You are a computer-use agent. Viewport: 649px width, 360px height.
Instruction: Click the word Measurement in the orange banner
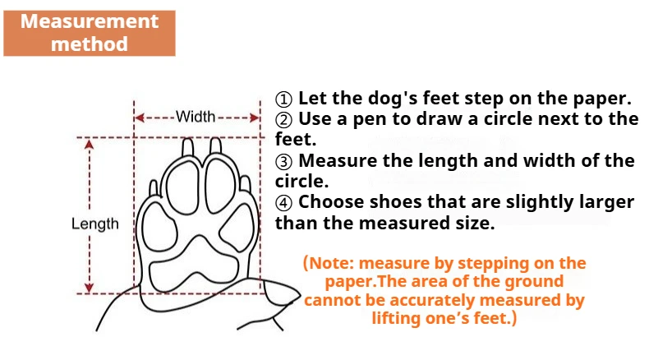coord(90,21)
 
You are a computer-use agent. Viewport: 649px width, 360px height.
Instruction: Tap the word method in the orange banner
coord(90,44)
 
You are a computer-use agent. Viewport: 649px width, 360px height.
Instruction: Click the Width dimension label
coord(196,117)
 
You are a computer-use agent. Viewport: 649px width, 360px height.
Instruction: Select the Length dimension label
coord(94,224)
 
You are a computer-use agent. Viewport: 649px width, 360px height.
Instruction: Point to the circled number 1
coord(283,99)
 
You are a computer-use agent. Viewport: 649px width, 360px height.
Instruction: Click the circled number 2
coord(283,120)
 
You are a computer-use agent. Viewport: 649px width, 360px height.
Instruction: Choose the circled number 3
coord(283,162)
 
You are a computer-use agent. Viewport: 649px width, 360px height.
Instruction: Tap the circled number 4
coord(283,203)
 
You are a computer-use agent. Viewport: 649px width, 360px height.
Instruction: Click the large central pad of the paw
coord(195,265)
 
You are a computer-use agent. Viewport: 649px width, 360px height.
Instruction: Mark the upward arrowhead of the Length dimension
coord(89,145)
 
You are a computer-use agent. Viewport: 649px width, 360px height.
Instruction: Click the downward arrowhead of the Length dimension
coord(89,288)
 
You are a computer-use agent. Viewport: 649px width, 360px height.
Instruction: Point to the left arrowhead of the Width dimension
coord(140,118)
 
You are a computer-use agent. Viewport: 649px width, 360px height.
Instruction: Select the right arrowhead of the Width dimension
coord(254,118)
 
